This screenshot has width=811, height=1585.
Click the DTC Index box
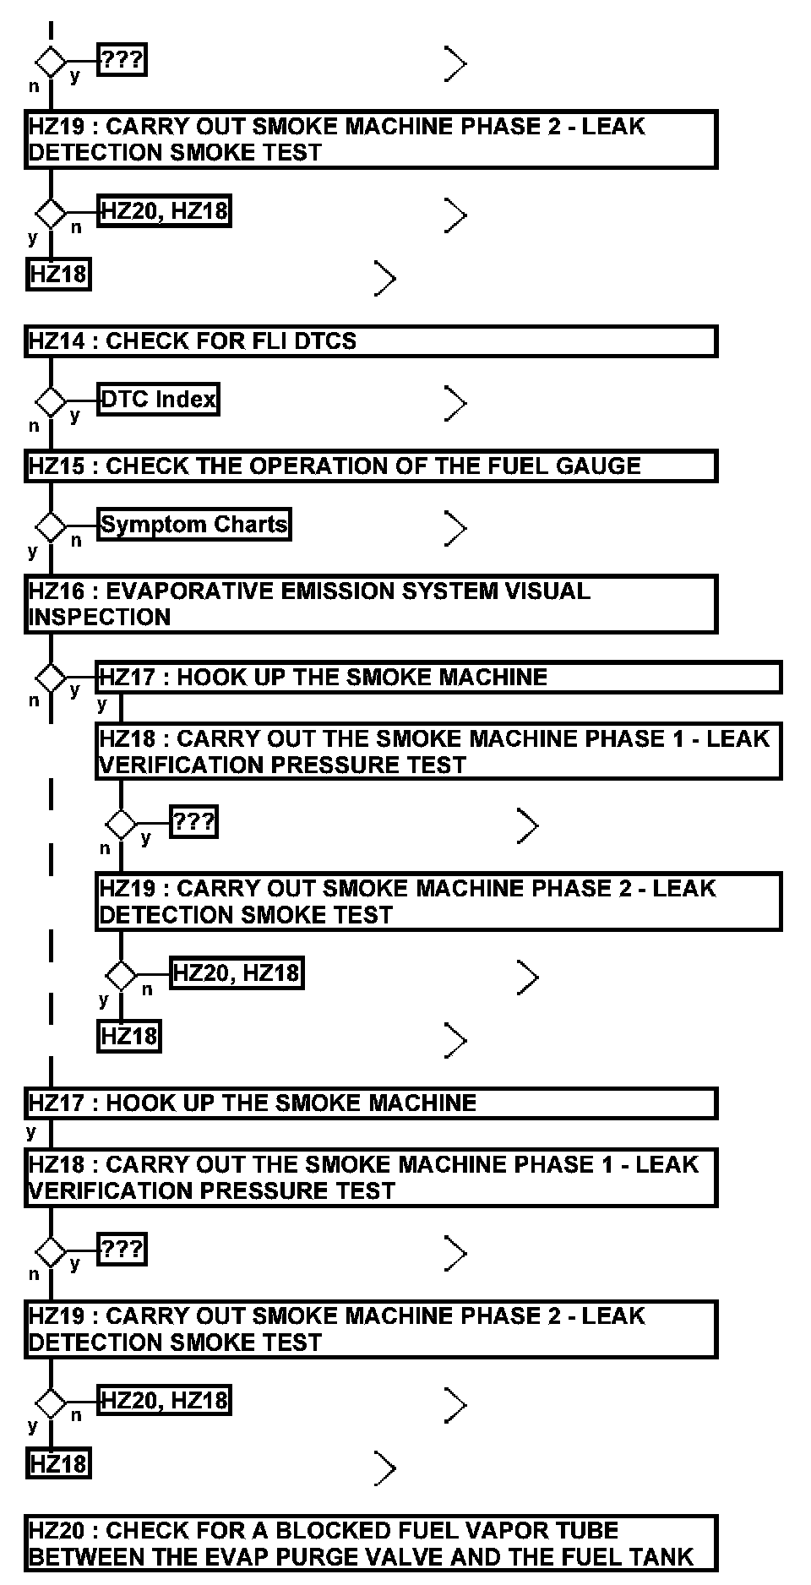tap(158, 400)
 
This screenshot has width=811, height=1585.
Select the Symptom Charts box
tap(194, 525)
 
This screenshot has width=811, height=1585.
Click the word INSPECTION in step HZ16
tap(100, 618)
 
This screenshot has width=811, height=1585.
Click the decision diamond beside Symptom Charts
tap(51, 527)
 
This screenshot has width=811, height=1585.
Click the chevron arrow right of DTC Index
tap(455, 404)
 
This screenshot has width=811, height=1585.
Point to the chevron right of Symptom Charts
tap(455, 529)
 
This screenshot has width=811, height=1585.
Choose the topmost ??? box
tap(122, 61)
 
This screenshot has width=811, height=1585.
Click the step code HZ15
tap(57, 466)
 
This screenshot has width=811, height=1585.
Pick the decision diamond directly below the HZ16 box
tap(51, 678)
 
